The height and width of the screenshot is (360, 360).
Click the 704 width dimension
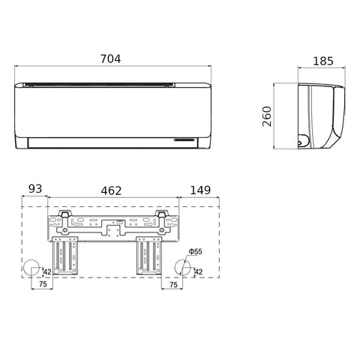110,59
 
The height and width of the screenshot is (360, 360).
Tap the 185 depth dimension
323,61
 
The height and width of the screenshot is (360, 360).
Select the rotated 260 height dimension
267,116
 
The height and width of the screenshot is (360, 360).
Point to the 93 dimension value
35,189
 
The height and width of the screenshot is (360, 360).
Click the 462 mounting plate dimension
111,191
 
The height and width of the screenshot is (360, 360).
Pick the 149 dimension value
200,190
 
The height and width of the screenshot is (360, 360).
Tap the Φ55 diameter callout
195,251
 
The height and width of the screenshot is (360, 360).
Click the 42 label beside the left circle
47,271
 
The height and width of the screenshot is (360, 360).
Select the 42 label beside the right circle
198,271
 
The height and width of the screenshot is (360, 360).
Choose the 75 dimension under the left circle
43,284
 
